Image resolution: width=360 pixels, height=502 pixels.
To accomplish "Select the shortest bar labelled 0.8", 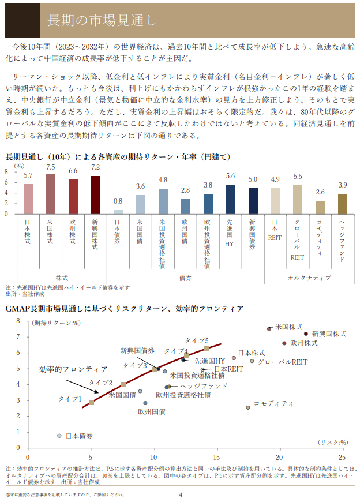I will [118, 212].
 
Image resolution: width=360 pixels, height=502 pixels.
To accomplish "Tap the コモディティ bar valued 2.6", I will [320, 207].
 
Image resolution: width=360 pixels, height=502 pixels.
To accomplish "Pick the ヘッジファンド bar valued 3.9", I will [343, 204].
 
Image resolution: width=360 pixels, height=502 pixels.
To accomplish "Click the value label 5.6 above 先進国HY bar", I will [231, 177].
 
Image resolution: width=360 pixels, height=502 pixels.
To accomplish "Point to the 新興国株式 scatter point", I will [306, 334].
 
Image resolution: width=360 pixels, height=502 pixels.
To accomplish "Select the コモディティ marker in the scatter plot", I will [248, 407].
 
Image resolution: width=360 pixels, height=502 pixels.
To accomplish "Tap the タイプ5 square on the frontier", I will [206, 349].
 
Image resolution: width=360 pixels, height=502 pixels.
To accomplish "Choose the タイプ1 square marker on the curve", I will [91, 402].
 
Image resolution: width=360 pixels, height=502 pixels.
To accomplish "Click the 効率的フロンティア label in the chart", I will [73, 369].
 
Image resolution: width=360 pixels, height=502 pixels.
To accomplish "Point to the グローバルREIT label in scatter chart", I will [283, 362].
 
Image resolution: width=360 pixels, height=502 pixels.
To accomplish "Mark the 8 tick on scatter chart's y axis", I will [18, 321].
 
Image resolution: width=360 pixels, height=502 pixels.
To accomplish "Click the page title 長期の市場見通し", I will [102, 21].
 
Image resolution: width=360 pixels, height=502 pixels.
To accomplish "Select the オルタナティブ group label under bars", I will [309, 278].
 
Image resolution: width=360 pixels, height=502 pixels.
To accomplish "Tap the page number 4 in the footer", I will [180, 494].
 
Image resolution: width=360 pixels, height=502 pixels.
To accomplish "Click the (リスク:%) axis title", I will [333, 442].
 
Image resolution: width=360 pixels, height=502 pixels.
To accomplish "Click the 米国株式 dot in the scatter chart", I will [269, 329].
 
